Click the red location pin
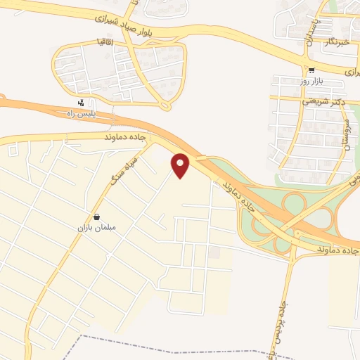(x=181, y=165)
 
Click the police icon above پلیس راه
(x=82, y=103)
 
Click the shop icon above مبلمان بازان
(x=96, y=217)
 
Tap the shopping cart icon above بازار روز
(x=311, y=70)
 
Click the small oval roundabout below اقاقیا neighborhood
(x=166, y=106)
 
